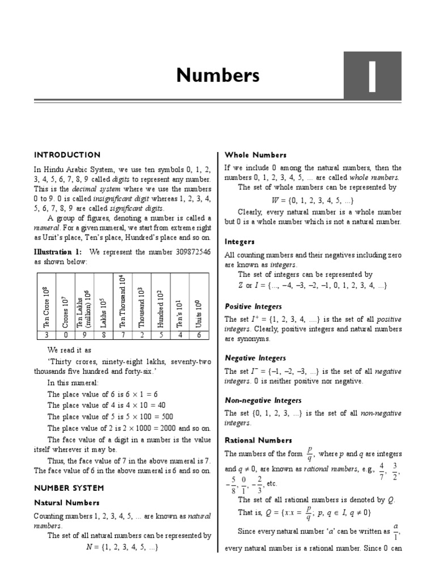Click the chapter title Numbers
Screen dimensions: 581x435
coord(217,75)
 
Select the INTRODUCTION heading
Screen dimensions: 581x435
coord(67,155)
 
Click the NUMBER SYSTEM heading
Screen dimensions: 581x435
coord(69,487)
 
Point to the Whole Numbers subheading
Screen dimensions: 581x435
coord(255,155)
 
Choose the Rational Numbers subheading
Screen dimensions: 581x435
coord(258,440)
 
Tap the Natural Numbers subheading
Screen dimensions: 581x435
coord(67,503)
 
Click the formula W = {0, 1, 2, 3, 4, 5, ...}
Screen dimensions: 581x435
coord(313,200)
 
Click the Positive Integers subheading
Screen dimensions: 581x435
coord(253,306)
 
